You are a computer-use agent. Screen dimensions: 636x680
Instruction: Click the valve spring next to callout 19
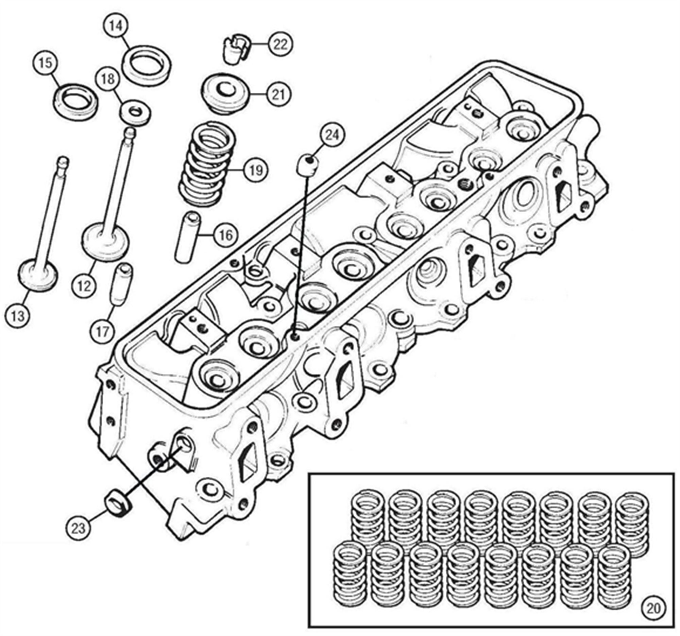click(x=205, y=166)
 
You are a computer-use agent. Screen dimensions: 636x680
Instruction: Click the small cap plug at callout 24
click(x=306, y=165)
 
